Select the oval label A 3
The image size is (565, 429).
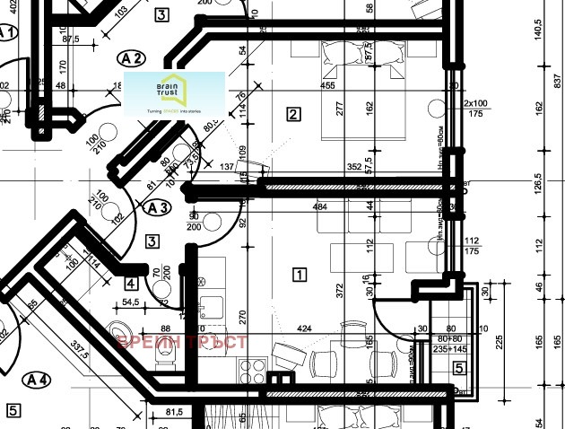157,208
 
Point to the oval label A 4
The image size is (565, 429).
38,380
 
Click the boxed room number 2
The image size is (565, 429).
292,114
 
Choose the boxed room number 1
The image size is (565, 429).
300,275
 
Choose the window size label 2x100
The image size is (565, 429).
475,104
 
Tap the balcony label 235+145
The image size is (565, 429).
448,349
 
